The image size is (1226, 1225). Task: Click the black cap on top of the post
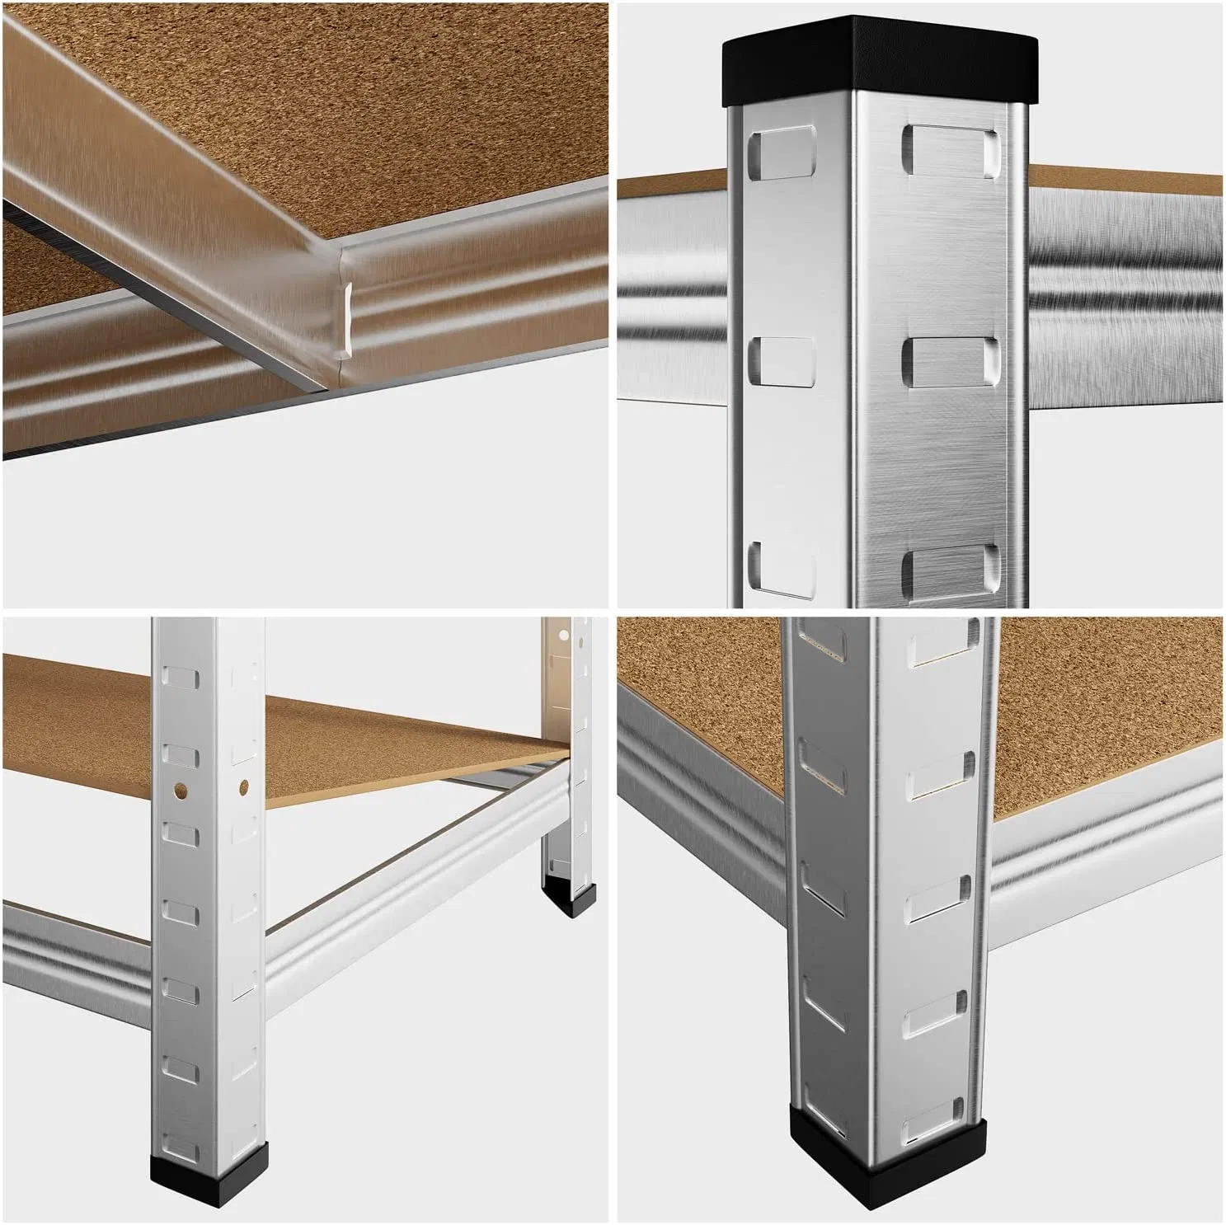[x=876, y=59]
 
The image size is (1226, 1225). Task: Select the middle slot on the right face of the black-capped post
[x=950, y=361]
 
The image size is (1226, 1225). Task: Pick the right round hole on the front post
[x=244, y=789]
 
